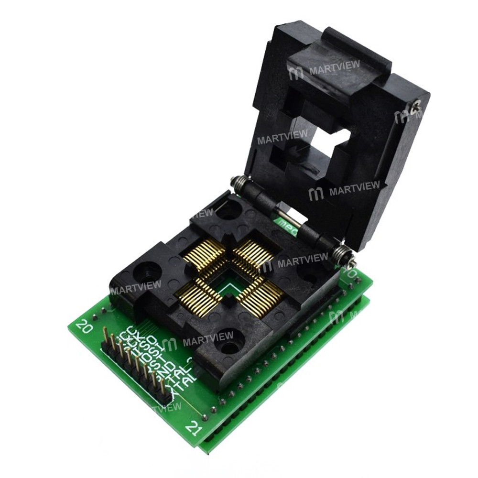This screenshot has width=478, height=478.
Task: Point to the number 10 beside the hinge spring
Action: point(353,274)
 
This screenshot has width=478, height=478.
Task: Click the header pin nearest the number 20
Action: point(105,335)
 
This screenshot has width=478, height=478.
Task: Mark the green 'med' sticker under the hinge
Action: point(287,224)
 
